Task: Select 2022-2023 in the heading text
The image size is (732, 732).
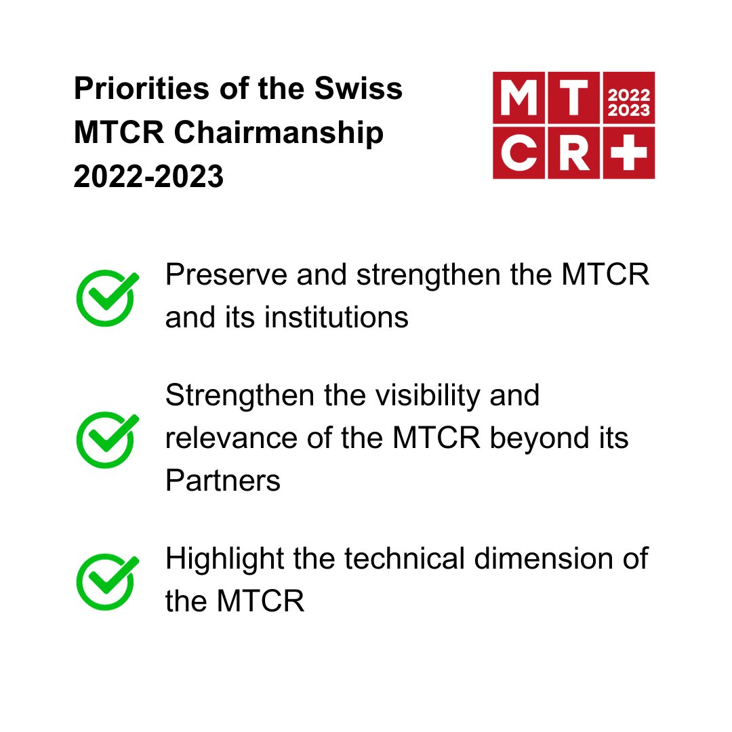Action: tap(148, 178)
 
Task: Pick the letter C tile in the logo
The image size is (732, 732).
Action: tap(518, 152)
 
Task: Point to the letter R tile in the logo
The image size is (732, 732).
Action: tap(573, 152)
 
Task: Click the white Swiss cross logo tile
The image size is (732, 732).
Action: tap(628, 152)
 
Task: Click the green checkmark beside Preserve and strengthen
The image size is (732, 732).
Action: tap(106, 297)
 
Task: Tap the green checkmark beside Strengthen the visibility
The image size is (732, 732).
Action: tap(106, 439)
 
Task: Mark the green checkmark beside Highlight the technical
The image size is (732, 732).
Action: tap(106, 581)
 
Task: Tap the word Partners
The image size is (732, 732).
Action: tap(222, 481)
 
